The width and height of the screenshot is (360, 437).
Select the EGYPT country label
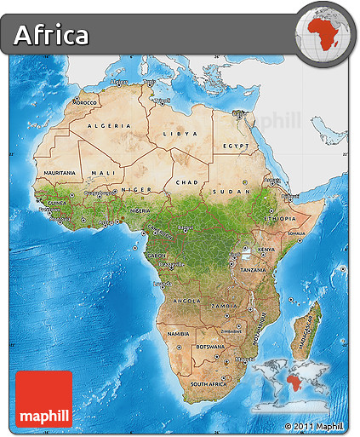pyautogui.click(x=235, y=146)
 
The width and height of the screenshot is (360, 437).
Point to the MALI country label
pyautogui.click(x=102, y=173)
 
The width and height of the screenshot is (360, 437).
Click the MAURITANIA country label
pyautogui.click(x=60, y=173)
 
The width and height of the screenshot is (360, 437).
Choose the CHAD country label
pyautogui.click(x=186, y=182)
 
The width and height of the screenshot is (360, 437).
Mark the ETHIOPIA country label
pyautogui.click(x=279, y=218)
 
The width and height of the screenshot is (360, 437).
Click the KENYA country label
pyautogui.click(x=267, y=250)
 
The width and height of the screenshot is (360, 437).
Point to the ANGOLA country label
pyautogui.click(x=186, y=301)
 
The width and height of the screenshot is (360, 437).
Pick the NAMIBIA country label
pyautogui.click(x=179, y=334)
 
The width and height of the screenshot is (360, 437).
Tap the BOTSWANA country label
pyautogui.click(x=211, y=347)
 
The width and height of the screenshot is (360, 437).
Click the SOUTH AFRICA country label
pyautogui.click(x=209, y=384)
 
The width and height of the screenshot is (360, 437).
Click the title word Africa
pyautogui.click(x=51, y=35)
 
